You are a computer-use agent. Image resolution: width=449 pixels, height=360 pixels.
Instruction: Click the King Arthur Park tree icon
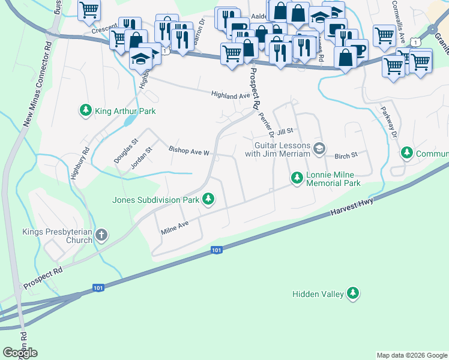pyautogui.click(x=85, y=111)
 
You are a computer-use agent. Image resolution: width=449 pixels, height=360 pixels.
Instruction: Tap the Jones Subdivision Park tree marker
pyautogui.click(x=208, y=198)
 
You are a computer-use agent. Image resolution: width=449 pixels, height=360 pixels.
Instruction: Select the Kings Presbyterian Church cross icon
pyautogui.click(x=101, y=235)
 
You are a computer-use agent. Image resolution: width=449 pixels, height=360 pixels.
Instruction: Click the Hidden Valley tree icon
pyautogui.click(x=354, y=293)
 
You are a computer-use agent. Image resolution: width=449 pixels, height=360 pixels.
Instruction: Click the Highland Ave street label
pyautogui.click(x=230, y=95)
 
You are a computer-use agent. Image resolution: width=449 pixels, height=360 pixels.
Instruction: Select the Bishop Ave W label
pyautogui.click(x=188, y=151)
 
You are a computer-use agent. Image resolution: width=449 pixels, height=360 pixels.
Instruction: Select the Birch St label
pyautogui.click(x=346, y=155)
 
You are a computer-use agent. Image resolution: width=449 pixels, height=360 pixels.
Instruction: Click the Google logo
pyautogui.click(x=20, y=353)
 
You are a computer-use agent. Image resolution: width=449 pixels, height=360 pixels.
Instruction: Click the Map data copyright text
pyautogui.click(x=411, y=355)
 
